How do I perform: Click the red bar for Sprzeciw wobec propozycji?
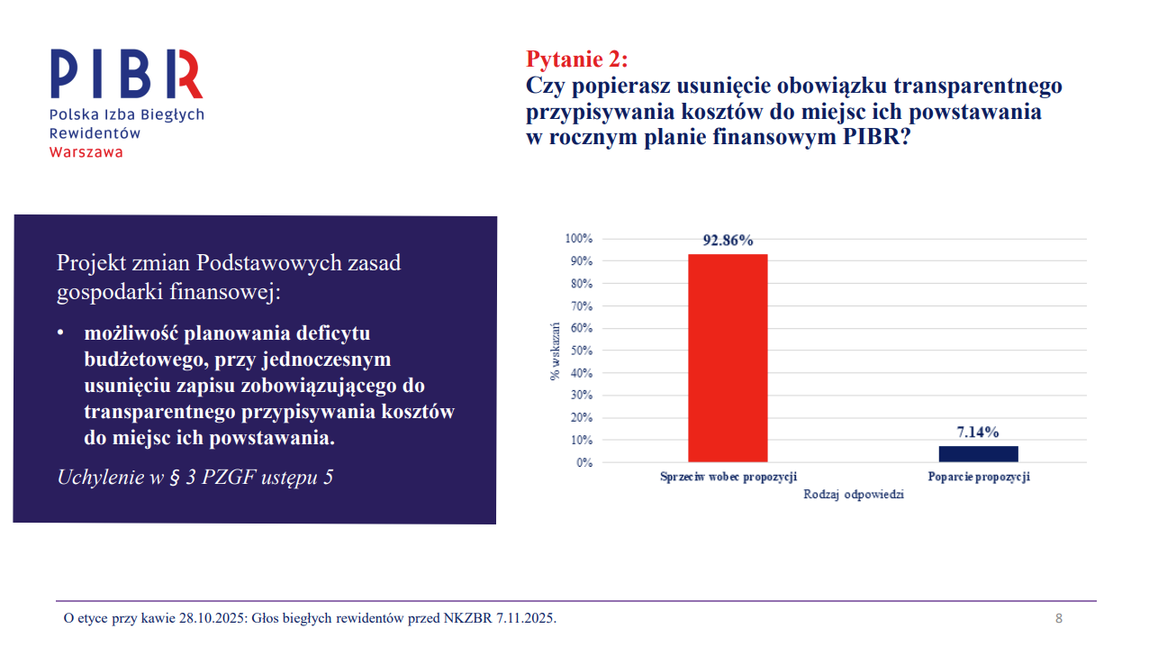tap(728, 358)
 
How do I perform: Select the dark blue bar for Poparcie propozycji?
tap(978, 453)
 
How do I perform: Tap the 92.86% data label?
tap(728, 241)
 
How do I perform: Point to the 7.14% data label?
tap(978, 433)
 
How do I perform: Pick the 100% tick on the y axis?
tap(577, 239)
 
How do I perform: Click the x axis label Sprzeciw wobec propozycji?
tap(728, 477)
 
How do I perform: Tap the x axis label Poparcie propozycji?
tap(978, 477)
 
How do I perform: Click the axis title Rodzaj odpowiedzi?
tap(853, 495)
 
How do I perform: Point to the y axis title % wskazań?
tap(556, 351)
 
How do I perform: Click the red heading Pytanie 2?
tap(576, 59)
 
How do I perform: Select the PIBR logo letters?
tap(126, 75)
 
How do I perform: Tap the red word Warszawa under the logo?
tap(86, 151)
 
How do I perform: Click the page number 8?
tap(1059, 618)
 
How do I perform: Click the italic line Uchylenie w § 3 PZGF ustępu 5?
tap(195, 477)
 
